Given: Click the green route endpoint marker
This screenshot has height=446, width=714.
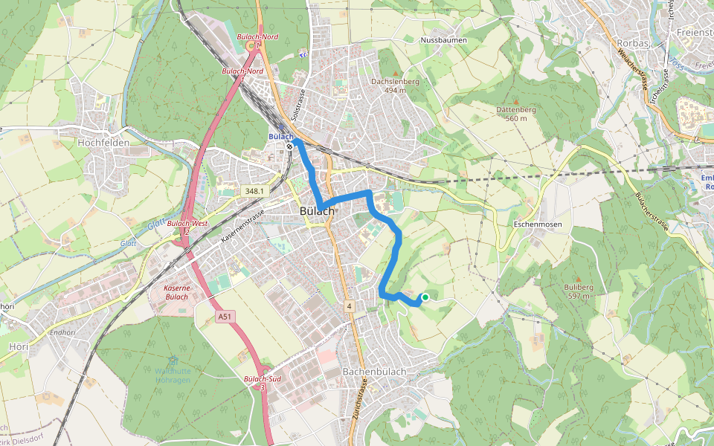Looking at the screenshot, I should (425, 297).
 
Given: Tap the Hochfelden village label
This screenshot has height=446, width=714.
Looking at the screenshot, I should (103, 142).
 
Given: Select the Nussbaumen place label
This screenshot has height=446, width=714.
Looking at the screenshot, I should (441, 39).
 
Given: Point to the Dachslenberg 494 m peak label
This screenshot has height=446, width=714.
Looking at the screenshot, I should (395, 85).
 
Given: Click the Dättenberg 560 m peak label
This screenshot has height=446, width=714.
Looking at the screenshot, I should (515, 114).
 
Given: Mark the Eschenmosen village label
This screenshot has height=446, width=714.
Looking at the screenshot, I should (538, 224).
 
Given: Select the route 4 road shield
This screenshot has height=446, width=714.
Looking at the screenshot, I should (348, 306).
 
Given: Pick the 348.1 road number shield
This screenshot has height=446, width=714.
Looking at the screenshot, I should (253, 191).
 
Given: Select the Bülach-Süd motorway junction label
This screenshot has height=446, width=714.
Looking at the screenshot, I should (262, 380).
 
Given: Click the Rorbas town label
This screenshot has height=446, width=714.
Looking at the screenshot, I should (633, 43).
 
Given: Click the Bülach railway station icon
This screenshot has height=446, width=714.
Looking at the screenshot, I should (289, 146).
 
